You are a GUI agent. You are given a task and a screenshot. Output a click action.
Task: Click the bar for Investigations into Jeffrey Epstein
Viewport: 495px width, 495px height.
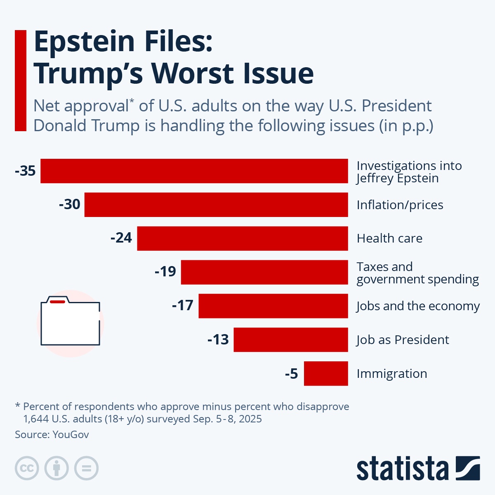(x=194, y=171)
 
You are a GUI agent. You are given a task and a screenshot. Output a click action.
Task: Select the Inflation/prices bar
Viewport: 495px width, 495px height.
(x=216, y=205)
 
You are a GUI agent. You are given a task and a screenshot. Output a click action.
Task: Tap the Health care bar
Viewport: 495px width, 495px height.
(x=243, y=238)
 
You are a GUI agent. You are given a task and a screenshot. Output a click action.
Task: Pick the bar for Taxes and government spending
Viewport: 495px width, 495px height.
(x=264, y=272)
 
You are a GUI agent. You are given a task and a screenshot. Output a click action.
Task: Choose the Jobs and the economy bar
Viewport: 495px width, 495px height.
(x=273, y=306)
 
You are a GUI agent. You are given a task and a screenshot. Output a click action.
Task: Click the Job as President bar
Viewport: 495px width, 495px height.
(x=291, y=340)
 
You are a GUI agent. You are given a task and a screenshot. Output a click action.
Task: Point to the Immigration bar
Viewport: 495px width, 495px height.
(x=326, y=374)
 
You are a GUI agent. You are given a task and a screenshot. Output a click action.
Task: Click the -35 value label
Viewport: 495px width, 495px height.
(x=26, y=171)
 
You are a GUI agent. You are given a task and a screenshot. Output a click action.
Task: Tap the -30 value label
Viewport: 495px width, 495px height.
(x=70, y=205)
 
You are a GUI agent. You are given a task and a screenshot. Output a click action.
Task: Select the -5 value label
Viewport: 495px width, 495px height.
(x=291, y=374)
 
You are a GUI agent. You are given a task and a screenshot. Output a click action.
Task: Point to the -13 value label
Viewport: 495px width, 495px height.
(x=218, y=340)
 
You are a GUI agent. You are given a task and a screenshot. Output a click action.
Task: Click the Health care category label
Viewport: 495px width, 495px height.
(x=389, y=238)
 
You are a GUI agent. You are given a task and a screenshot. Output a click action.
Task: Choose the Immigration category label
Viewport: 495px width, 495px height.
(x=391, y=374)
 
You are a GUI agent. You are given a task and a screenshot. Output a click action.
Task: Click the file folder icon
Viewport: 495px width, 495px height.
(x=70, y=322)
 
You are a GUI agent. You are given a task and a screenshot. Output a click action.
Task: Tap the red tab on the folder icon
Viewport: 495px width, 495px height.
(x=57, y=302)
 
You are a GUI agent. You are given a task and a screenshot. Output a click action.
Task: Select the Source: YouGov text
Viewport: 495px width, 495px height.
(x=52, y=434)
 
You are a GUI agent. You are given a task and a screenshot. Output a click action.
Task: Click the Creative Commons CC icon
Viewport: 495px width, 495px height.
(x=27, y=469)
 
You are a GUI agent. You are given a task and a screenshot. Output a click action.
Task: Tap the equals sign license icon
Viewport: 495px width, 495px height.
(x=86, y=469)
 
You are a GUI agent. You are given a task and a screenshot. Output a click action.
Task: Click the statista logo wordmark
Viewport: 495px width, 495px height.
(x=402, y=469)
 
